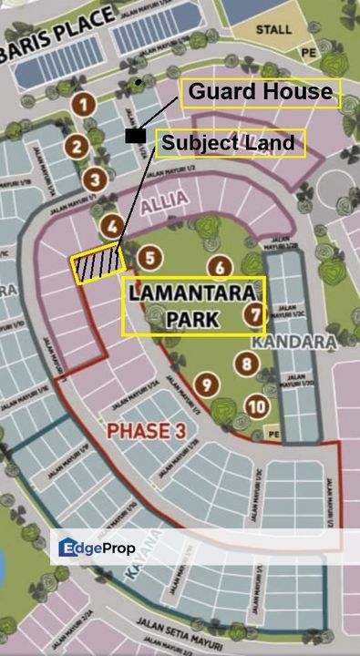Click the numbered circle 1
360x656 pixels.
click(84, 105)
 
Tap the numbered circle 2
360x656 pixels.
click(77, 145)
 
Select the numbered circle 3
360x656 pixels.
click(93, 179)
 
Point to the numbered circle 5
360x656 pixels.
click(150, 259)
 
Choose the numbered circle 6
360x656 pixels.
click(219, 267)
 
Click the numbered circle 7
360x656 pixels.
click(254, 315)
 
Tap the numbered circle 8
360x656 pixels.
click(246, 364)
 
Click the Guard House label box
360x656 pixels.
click(261, 92)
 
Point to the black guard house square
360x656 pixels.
click(135, 136)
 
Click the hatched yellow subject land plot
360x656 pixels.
click(98, 264)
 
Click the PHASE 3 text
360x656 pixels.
click(140, 431)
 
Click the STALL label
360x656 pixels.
click(273, 30)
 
